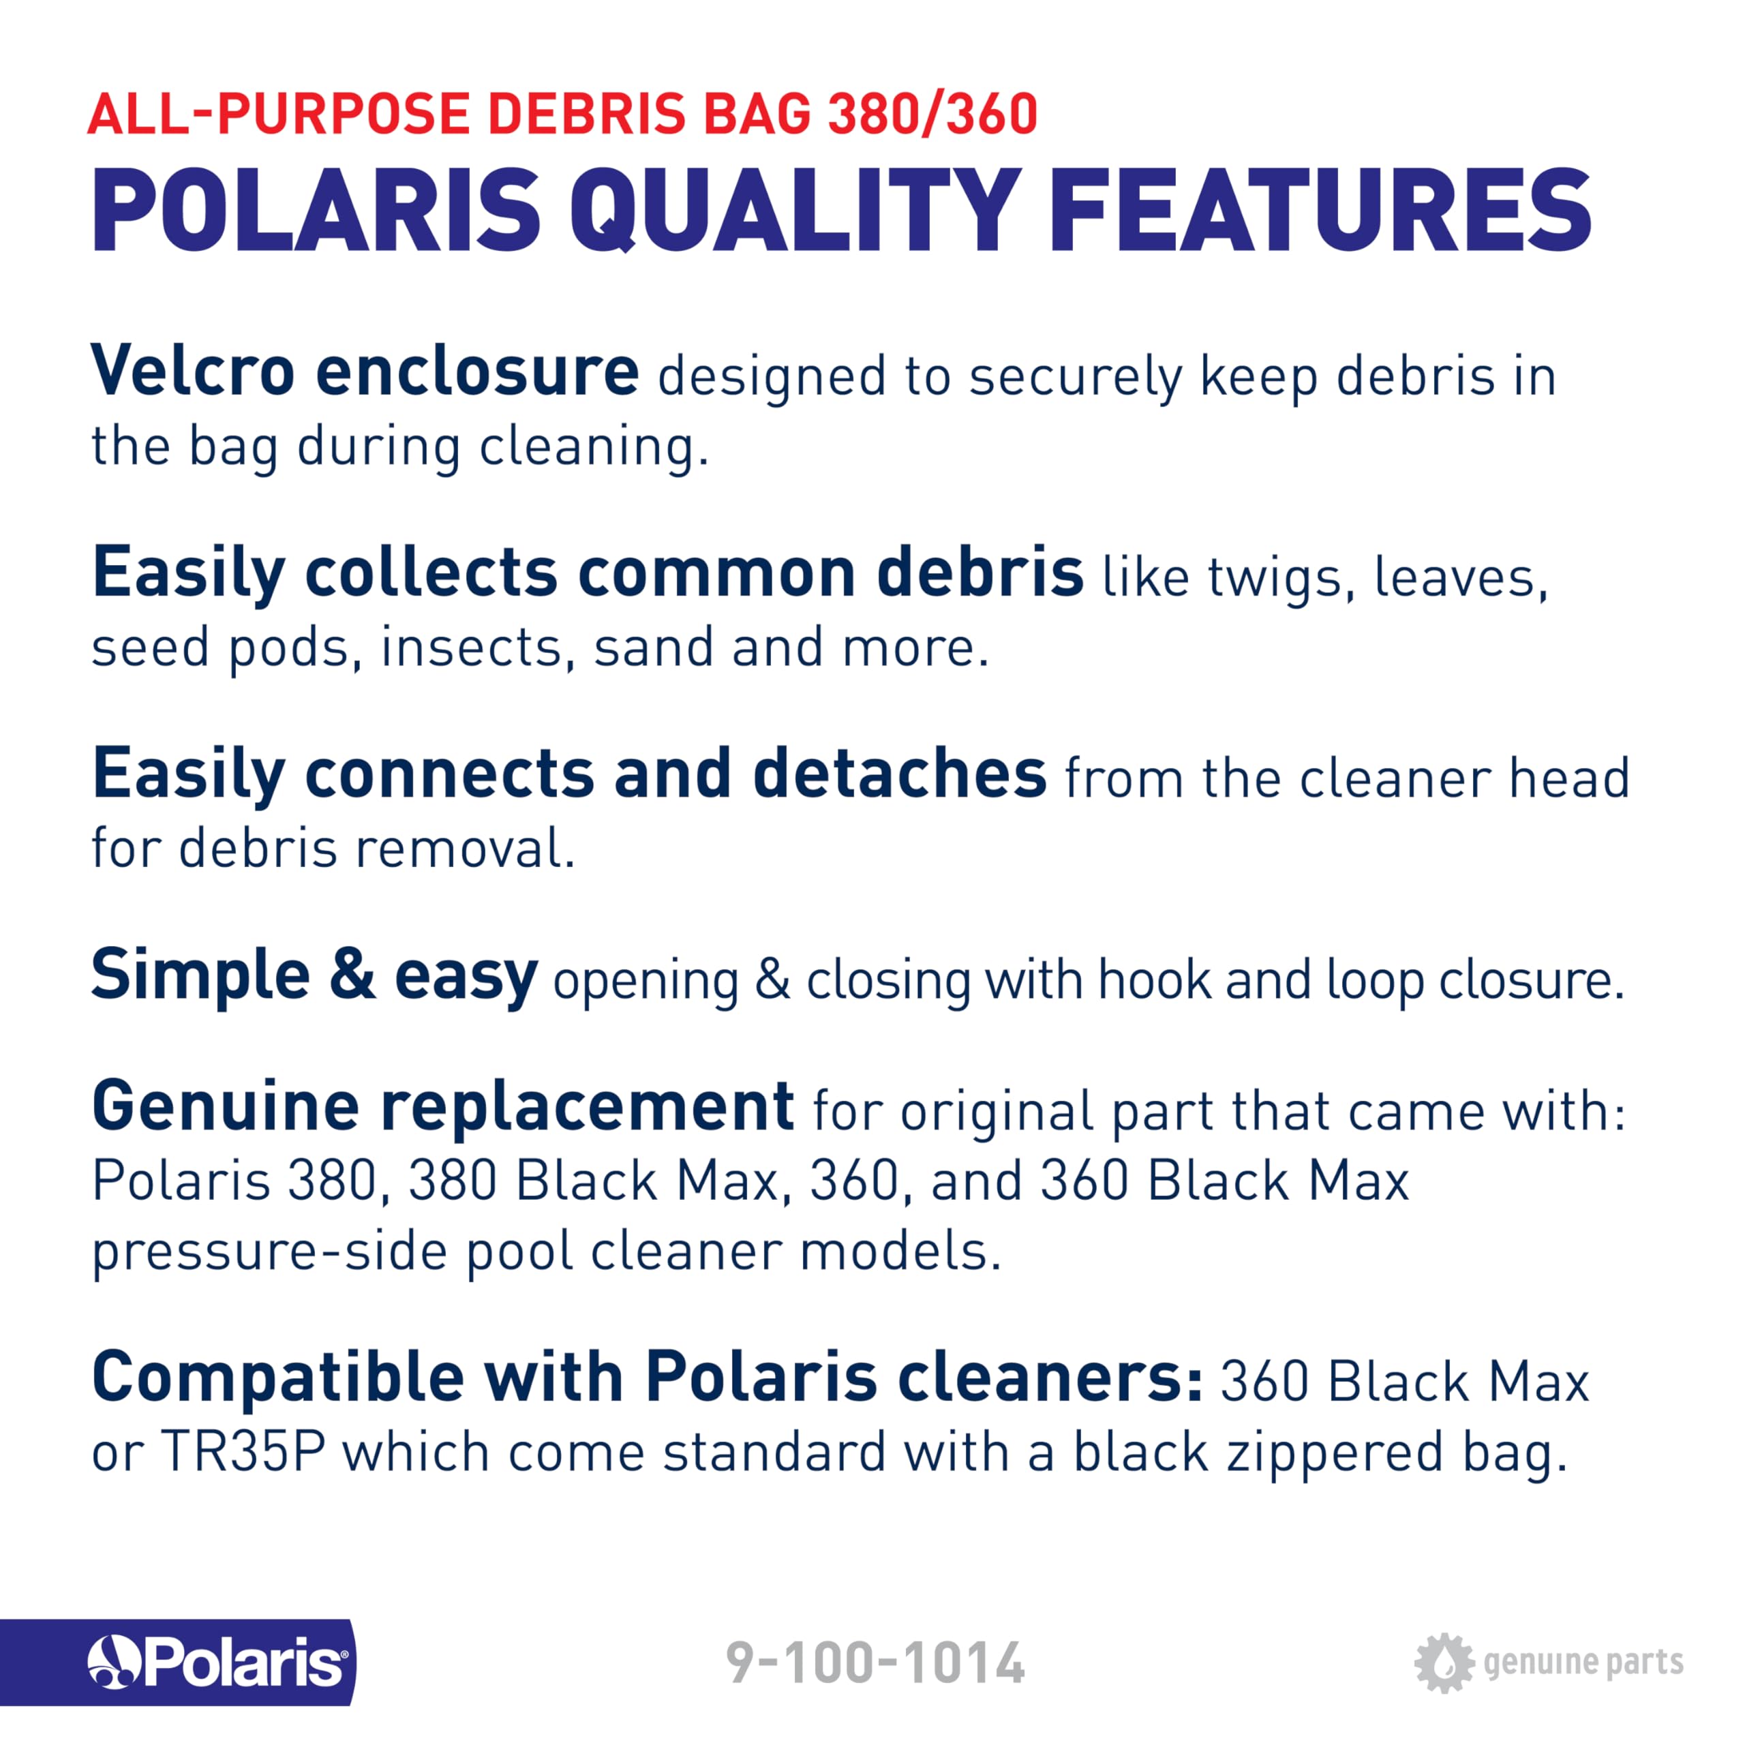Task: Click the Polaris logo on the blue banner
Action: (217, 1662)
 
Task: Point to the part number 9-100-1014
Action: (875, 1663)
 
